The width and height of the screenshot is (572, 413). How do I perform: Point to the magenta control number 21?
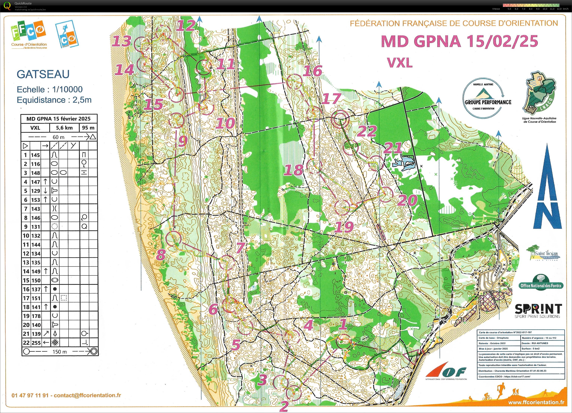tap(393, 148)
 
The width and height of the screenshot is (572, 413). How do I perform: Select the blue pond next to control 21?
tap(405, 163)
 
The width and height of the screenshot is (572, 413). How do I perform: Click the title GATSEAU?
tap(43, 74)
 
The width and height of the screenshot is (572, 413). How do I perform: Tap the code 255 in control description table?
tap(36, 343)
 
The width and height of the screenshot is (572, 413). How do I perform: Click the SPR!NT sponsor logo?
tap(538, 311)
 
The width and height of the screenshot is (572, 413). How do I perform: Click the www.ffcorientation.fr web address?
tap(536, 402)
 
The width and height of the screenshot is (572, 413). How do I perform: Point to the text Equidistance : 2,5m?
tap(54, 100)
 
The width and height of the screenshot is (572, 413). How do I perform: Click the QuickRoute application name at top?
tap(23, 3)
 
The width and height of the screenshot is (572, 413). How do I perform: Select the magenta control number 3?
tap(262, 379)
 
